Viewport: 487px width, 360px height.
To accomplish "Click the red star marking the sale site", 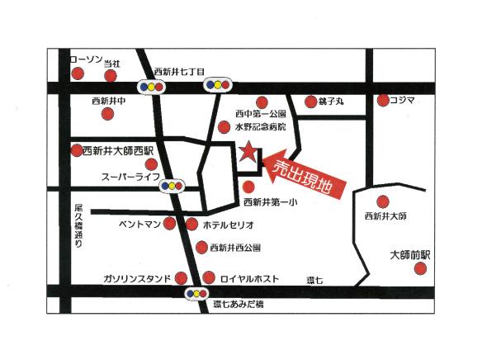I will (x=247, y=151).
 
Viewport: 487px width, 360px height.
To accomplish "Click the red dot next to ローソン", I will (x=78, y=74).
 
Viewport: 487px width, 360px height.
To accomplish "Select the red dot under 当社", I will (x=111, y=75).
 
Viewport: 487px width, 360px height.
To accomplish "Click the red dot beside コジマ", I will (x=383, y=101).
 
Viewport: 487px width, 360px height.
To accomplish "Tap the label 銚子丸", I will (x=331, y=102).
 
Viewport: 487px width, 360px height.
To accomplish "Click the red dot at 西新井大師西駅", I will (x=77, y=150).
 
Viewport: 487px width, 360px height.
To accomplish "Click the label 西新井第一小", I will (x=270, y=201).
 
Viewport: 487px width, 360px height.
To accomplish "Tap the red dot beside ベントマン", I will (x=170, y=223).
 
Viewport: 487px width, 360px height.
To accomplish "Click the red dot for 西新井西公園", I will (x=201, y=247).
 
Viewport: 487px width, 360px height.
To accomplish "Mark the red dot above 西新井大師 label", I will (x=382, y=201).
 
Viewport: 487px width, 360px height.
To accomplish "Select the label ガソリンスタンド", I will (x=137, y=278).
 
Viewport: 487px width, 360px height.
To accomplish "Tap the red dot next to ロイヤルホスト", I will (x=209, y=278).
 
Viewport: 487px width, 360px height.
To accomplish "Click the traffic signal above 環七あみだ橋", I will (x=196, y=292).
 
